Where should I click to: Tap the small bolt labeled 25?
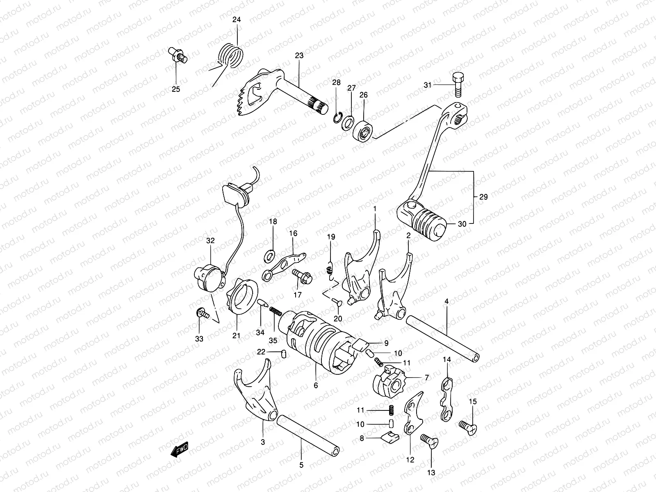tap(178, 56)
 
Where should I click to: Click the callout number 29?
tap(483, 197)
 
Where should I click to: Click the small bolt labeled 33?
tap(202, 314)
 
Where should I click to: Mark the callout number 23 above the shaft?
tap(299, 55)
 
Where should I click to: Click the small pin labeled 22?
tap(283, 353)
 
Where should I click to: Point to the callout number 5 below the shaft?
tap(301, 465)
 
